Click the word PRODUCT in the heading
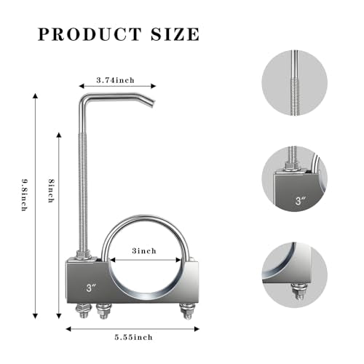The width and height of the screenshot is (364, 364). coord(90,34)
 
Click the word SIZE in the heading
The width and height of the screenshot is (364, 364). coord(175,34)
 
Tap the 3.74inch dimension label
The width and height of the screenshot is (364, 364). coord(116,80)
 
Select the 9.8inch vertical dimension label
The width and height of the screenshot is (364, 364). coord(25,195)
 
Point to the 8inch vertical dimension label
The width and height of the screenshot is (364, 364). coord(51,191)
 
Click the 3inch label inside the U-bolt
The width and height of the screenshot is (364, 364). coord(144,250)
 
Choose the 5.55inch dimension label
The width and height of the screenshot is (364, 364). coord(134,337)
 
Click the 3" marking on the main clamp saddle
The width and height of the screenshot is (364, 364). coord(92,288)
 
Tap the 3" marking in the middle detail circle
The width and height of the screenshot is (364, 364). coord(301,200)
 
